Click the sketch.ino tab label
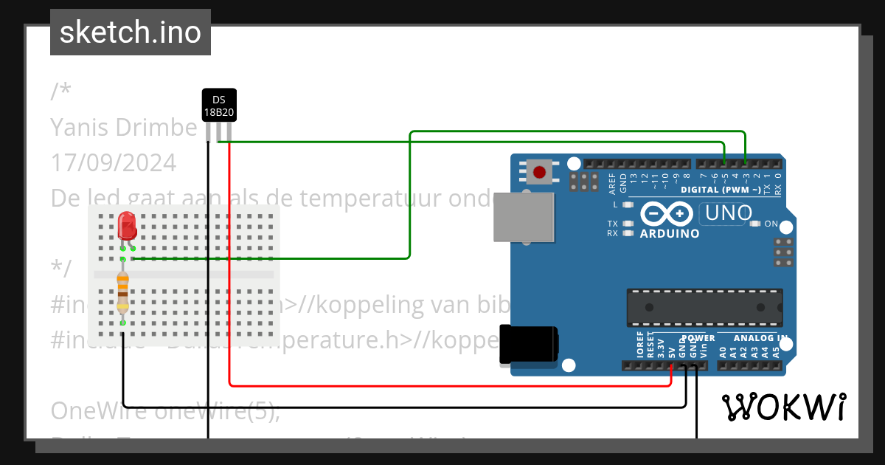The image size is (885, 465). tap(130, 32)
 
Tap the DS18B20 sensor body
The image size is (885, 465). tap(219, 105)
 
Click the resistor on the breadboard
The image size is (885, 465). tap(122, 292)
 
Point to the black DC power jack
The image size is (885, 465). tap(527, 344)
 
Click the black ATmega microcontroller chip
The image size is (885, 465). tap(704, 307)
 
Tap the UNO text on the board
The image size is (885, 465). tap(729, 213)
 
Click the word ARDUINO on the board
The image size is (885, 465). tap(669, 233)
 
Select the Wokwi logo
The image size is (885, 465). tap(783, 407)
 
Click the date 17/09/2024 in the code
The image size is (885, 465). tap(114, 162)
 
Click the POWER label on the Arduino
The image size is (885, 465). tap(698, 338)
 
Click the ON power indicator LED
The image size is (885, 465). tap(754, 224)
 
